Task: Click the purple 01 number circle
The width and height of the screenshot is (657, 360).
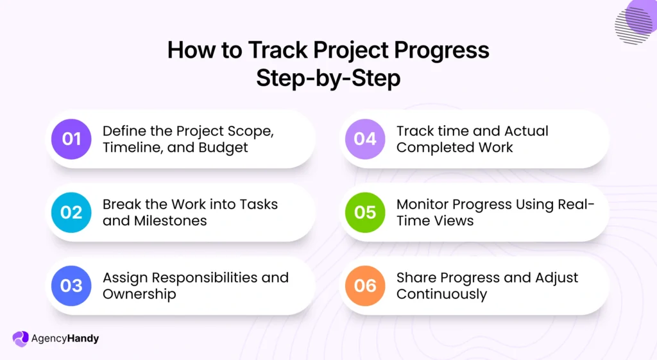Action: pyautogui.click(x=71, y=139)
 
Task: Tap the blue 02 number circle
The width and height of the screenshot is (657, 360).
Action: pyautogui.click(x=71, y=212)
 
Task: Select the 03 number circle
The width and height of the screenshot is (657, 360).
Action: pyautogui.click(x=71, y=285)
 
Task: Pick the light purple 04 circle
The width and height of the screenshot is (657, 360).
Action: pyautogui.click(x=365, y=139)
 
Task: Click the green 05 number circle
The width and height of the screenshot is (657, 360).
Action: pyautogui.click(x=365, y=212)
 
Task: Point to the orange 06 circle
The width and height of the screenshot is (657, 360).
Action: pyautogui.click(x=365, y=285)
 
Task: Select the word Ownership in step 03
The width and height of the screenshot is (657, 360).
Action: pyautogui.click(x=139, y=294)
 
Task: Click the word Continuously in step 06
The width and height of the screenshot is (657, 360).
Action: pyautogui.click(x=441, y=294)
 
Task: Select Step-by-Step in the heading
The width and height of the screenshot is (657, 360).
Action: pyautogui.click(x=328, y=78)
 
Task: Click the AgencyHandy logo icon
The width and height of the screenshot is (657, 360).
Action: pyautogui.click(x=21, y=338)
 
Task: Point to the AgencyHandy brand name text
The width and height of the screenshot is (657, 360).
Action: pyautogui.click(x=65, y=338)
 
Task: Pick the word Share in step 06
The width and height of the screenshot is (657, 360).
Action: pyautogui.click(x=417, y=278)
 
